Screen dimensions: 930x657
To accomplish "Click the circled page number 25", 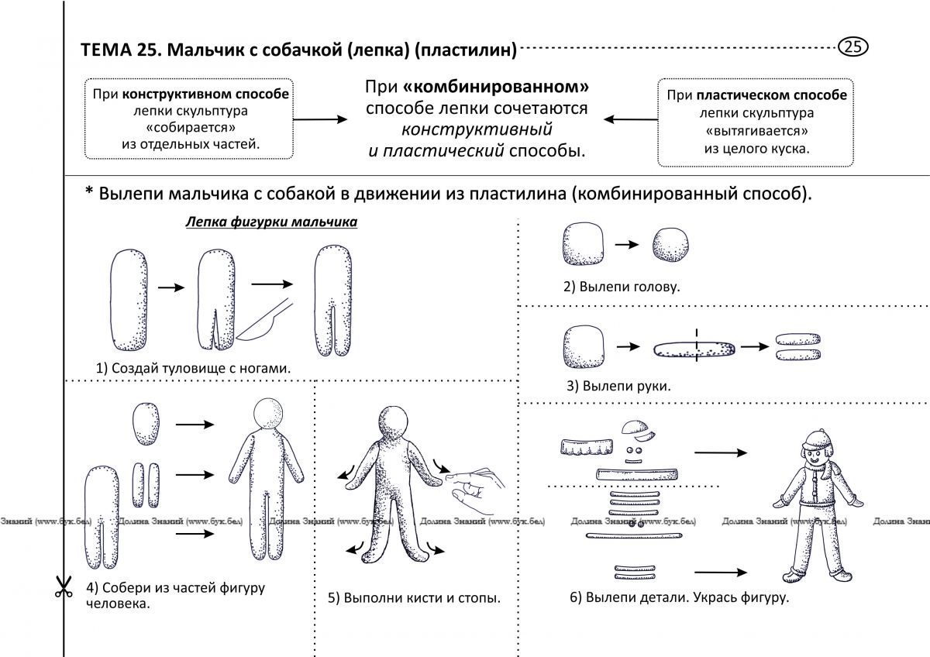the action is [852, 46].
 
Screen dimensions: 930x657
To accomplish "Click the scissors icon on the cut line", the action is [64, 586].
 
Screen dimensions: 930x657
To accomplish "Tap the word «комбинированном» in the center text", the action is [496, 87].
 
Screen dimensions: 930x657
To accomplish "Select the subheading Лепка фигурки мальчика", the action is [271, 222].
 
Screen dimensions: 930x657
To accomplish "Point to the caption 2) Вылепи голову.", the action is [622, 287].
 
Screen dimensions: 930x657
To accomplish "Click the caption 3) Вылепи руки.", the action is [618, 386].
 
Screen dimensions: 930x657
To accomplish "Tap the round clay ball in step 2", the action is [670, 245].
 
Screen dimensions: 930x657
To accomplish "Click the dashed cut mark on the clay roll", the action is [697, 346].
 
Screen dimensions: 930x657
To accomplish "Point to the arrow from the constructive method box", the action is [320, 119].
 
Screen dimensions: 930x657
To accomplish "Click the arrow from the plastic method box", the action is [631, 119].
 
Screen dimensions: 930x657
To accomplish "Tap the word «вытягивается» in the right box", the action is [756, 131].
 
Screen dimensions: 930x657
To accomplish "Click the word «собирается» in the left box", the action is [191, 127].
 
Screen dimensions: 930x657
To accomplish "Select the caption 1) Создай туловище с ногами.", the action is [193, 368].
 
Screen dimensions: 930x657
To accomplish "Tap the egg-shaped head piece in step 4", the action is [146, 424].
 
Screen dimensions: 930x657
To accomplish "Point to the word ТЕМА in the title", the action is [105, 50].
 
